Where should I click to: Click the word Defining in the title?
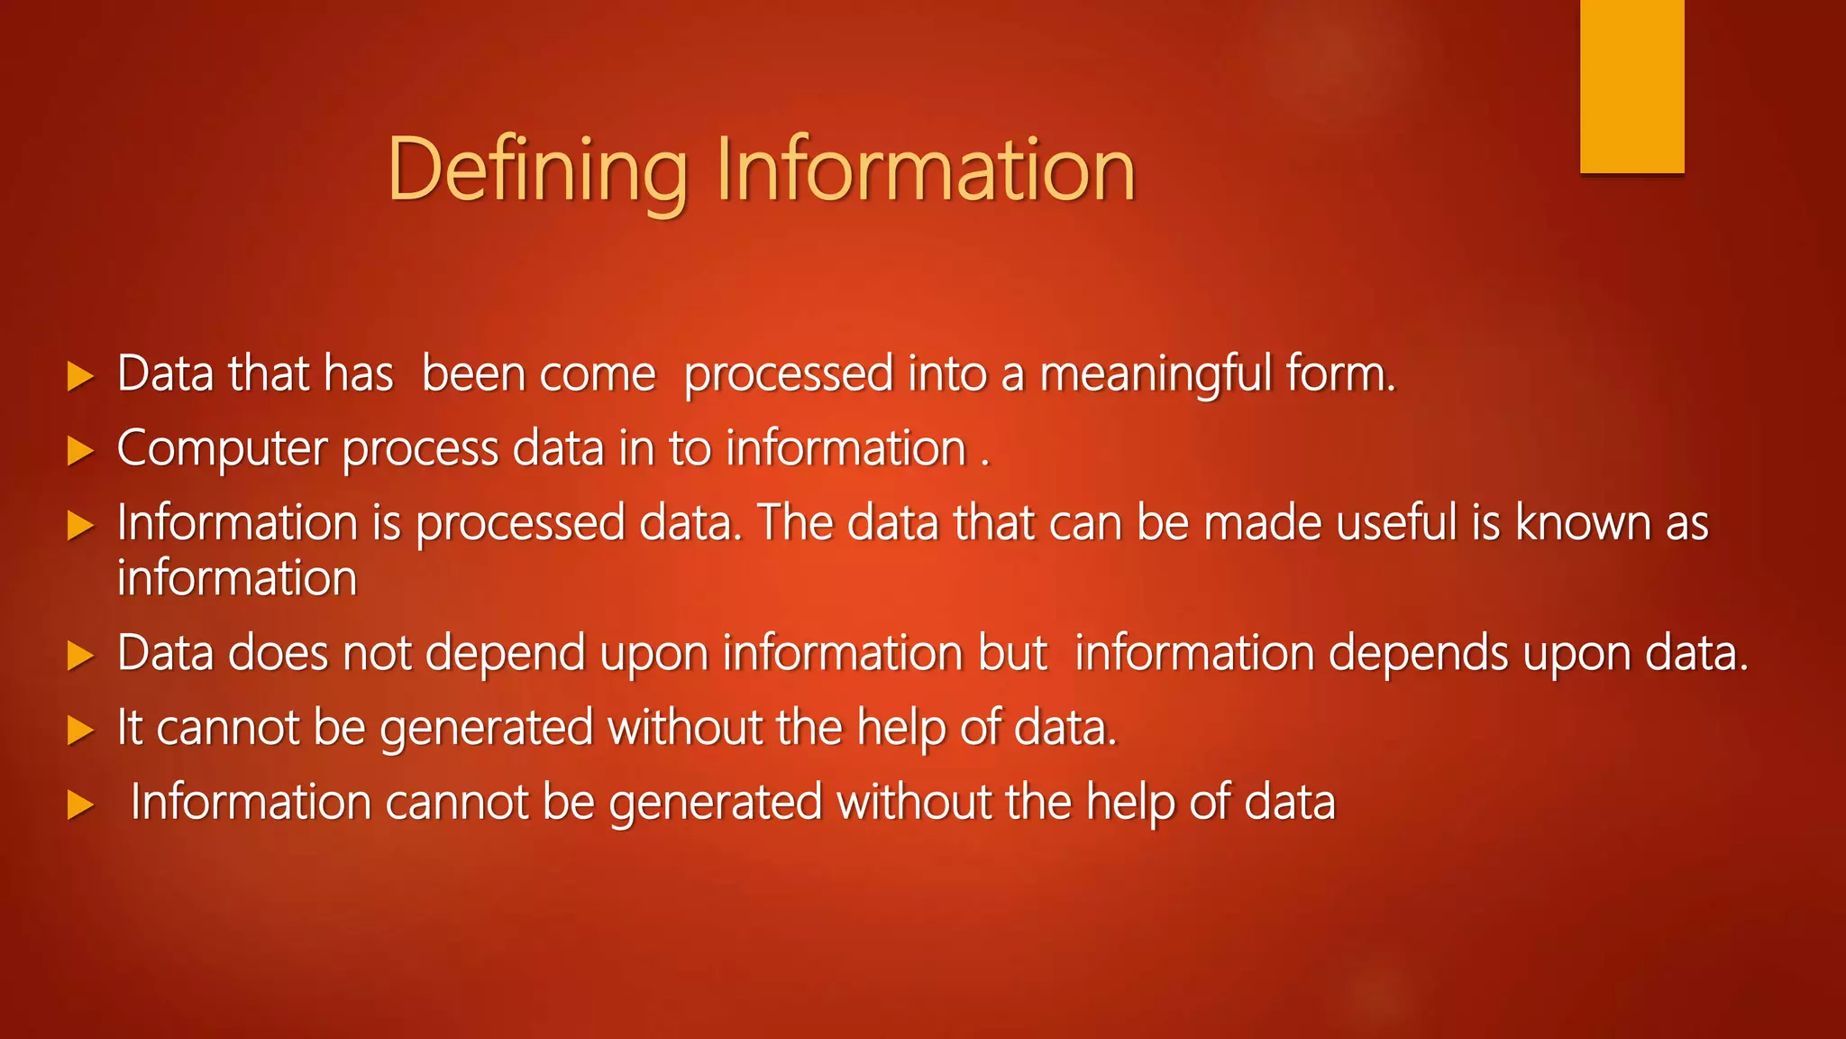[x=537, y=171]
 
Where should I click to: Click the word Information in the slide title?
[x=925, y=170]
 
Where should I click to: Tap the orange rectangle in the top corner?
[x=1631, y=87]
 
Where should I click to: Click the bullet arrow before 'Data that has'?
[x=80, y=376]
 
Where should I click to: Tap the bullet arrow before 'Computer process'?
[x=80, y=451]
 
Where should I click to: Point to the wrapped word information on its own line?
[x=237, y=579]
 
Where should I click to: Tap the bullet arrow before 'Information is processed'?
[x=80, y=526]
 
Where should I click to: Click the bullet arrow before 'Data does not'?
[x=80, y=656]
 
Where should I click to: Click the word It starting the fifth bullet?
[x=130, y=727]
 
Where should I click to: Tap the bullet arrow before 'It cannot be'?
[x=80, y=731]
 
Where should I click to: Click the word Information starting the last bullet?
[x=251, y=802]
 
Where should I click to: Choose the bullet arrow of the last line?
[x=80, y=805]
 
